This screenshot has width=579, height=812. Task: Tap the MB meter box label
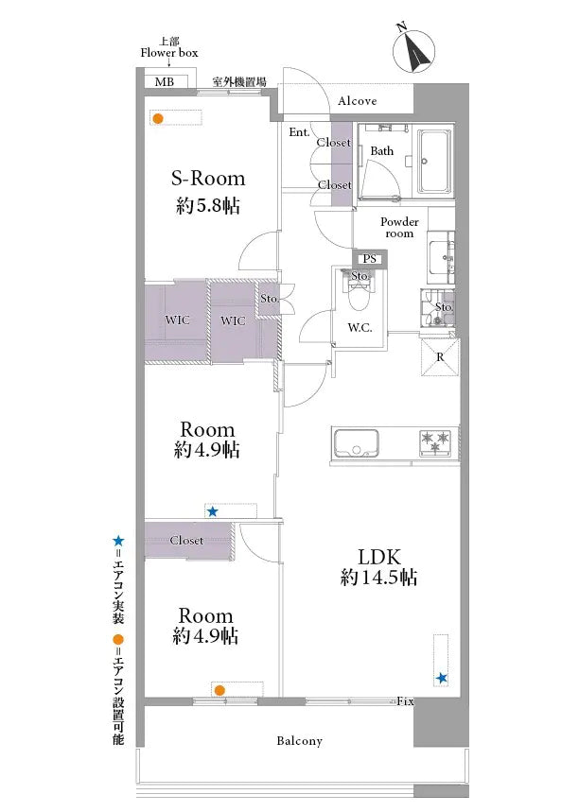point(165,82)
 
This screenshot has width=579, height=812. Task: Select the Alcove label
point(358,101)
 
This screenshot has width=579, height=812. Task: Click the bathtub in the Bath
point(434,161)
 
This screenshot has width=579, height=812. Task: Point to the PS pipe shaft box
point(370,258)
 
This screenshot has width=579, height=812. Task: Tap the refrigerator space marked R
point(440,356)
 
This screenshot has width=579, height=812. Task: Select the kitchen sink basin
point(356,443)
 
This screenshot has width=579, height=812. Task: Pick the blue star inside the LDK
point(442,678)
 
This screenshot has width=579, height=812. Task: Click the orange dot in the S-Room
point(158,118)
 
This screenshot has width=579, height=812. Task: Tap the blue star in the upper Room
point(213,512)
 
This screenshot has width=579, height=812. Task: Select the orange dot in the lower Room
point(219,690)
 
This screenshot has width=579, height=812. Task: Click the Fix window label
point(405,701)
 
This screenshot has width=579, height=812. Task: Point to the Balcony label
point(299,741)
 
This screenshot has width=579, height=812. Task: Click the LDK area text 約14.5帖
point(378,577)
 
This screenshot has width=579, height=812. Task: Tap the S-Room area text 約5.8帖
point(208,206)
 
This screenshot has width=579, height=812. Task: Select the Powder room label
point(399,227)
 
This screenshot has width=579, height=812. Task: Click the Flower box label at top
point(169,52)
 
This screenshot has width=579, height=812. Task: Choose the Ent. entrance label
point(299,132)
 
